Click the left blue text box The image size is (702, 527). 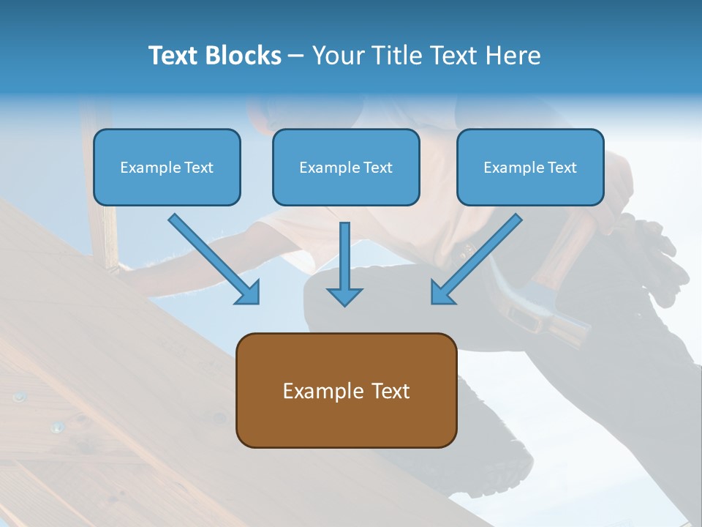click(167, 167)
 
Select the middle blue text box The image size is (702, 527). click(346, 167)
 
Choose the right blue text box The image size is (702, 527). click(530, 167)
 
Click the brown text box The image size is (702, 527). click(346, 390)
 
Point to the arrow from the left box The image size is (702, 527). click(214, 258)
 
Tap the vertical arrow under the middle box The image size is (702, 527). click(344, 260)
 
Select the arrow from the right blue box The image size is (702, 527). click(477, 258)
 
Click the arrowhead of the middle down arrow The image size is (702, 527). click(344, 296)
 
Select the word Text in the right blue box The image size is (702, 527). click(562, 168)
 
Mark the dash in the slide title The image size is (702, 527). click(296, 56)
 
